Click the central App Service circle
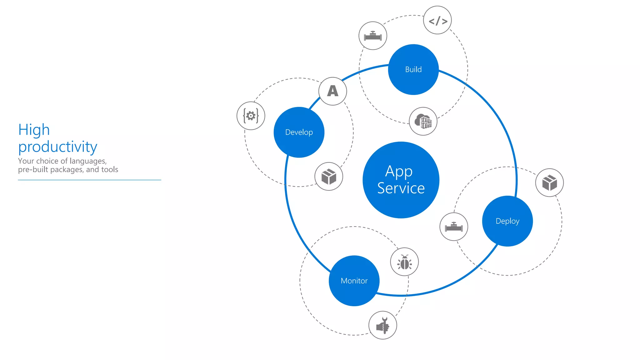[x=401, y=180]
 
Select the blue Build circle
[x=413, y=69]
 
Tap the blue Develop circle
[x=299, y=132]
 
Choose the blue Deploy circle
[x=507, y=221]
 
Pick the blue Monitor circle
[x=354, y=281]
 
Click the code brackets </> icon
[x=437, y=20]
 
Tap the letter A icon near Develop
[x=333, y=91]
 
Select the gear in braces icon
[x=251, y=116]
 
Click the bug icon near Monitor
[x=404, y=262]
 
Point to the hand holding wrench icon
[x=383, y=325]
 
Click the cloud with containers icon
[x=423, y=121]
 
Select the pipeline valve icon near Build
[x=373, y=36]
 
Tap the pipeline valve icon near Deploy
[x=454, y=227]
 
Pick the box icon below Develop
[x=329, y=177]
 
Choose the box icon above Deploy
[x=549, y=182]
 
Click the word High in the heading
[x=34, y=129]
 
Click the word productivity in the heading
[x=58, y=147]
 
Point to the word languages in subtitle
[x=88, y=161]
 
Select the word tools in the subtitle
[x=109, y=169]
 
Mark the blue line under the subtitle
[x=89, y=180]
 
